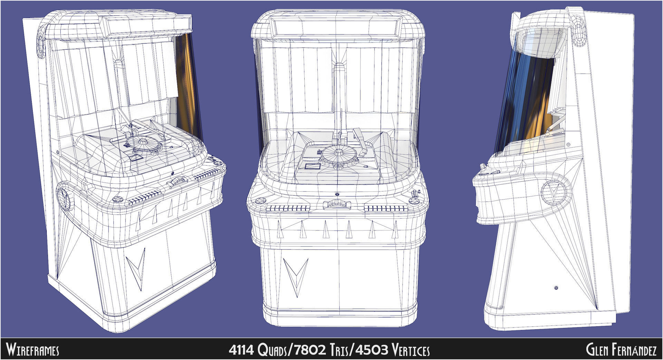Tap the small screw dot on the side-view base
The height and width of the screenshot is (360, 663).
(556, 288)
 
